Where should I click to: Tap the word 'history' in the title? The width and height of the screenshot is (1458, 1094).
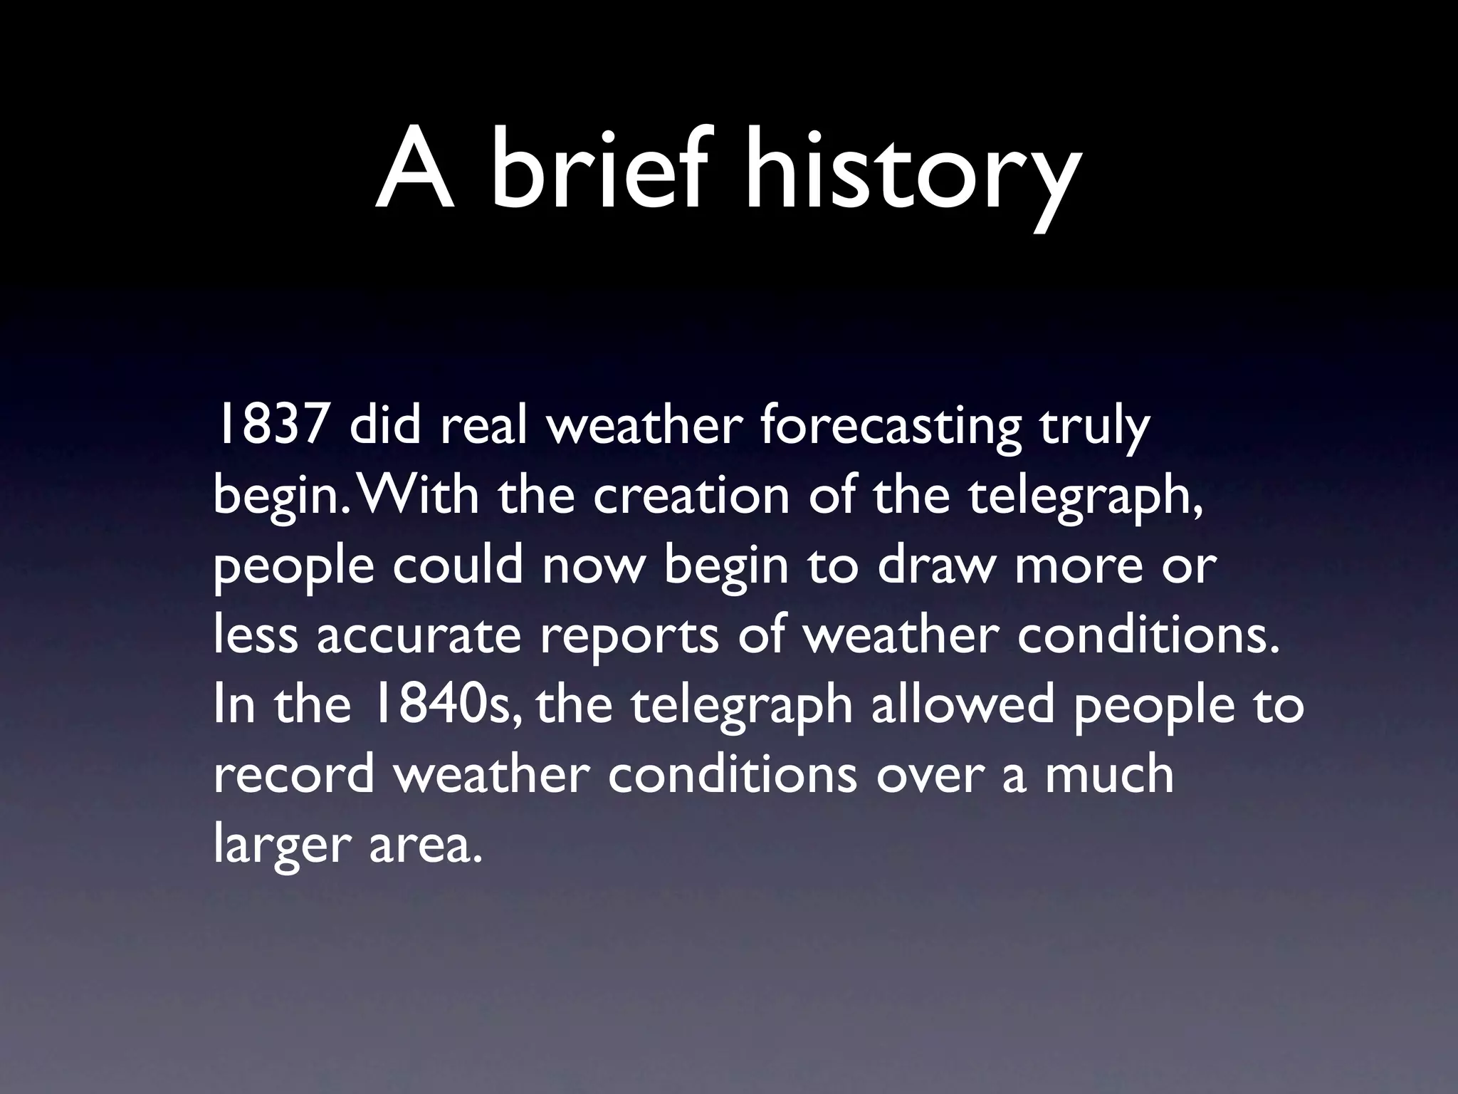(910, 174)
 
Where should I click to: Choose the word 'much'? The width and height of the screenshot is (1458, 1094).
(1109, 774)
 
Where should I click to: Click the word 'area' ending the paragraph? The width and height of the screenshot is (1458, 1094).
(420, 845)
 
